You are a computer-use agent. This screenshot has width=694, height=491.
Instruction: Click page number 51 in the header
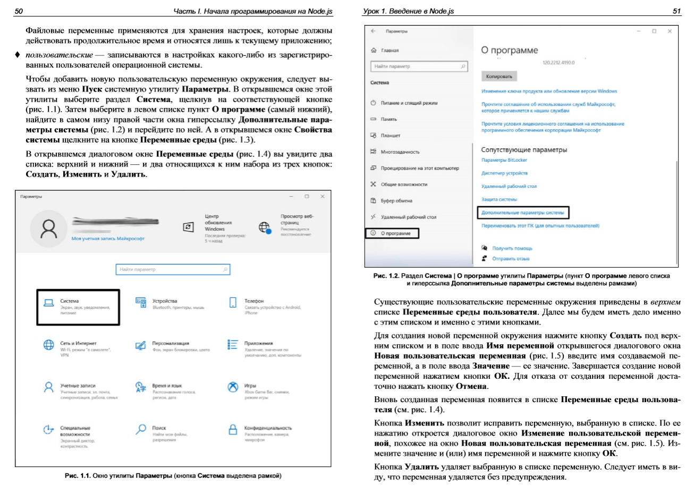click(676, 11)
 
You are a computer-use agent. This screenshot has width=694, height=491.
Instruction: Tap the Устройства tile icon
click(141, 303)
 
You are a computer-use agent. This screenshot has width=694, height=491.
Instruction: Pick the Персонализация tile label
click(171, 344)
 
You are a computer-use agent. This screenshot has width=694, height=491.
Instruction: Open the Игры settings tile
click(250, 386)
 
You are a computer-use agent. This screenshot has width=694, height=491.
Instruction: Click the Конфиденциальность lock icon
click(232, 429)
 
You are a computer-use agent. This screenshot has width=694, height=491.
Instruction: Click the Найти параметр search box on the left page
click(173, 270)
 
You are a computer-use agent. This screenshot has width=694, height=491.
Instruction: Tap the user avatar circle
click(49, 228)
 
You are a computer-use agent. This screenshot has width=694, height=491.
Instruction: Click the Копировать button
click(498, 77)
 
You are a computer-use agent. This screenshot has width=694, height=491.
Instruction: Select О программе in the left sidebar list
click(393, 233)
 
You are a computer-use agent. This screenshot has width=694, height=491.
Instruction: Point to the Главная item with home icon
click(389, 51)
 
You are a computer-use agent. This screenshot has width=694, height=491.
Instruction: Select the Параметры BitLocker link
click(504, 160)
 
